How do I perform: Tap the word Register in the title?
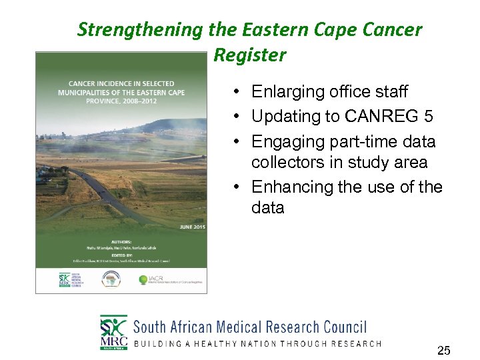(x=249, y=55)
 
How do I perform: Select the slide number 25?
(x=443, y=349)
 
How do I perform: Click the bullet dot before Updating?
(x=238, y=117)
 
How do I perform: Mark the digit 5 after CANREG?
(x=428, y=117)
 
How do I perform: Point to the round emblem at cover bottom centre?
(x=111, y=279)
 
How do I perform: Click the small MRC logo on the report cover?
(x=65, y=280)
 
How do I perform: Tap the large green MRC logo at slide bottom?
(x=113, y=332)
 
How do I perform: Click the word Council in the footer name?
(x=345, y=327)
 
